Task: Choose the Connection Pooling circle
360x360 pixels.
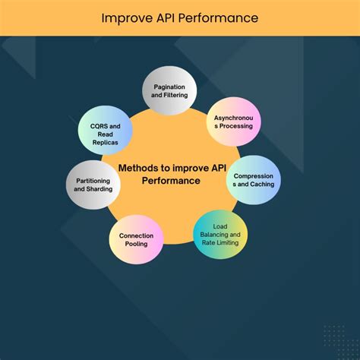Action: [136, 240]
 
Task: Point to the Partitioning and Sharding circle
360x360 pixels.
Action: [94, 185]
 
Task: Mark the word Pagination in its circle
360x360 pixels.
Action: [170, 88]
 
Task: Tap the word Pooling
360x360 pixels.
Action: [136, 245]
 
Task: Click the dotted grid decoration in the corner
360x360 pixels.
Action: [333, 337]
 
